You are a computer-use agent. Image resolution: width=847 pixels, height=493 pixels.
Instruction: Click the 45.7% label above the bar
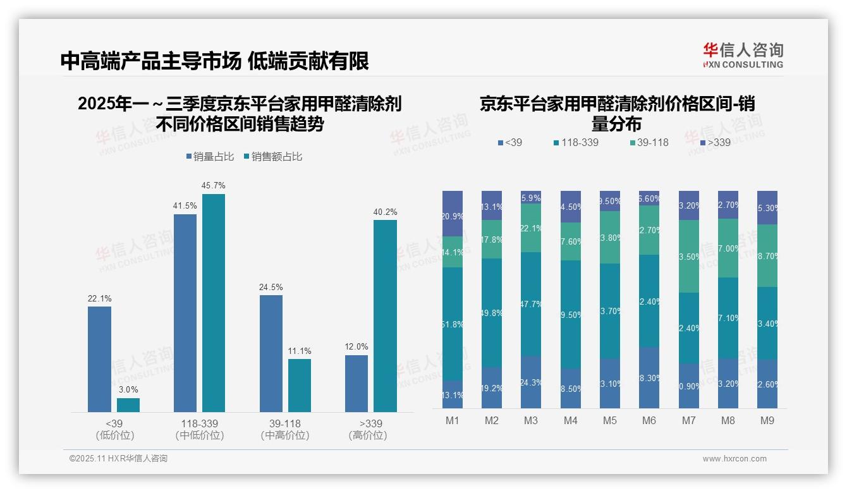click(213, 185)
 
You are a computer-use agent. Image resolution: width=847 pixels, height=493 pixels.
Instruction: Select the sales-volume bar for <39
click(99, 359)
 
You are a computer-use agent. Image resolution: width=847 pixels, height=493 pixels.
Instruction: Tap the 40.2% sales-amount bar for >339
click(385, 316)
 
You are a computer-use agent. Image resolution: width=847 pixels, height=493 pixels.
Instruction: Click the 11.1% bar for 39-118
click(300, 386)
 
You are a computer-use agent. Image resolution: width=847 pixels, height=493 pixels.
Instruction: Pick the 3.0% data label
click(128, 389)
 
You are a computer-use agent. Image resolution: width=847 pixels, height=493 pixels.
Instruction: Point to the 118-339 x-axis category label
click(199, 423)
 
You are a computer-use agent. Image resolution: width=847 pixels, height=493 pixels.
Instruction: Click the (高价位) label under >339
click(367, 435)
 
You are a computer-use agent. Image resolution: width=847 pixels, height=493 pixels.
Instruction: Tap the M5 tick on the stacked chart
click(610, 420)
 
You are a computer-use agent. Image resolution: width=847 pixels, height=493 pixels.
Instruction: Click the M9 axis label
click(767, 420)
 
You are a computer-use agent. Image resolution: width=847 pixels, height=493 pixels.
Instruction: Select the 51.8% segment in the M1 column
click(453, 324)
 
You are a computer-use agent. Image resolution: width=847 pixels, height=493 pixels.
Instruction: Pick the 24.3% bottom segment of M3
click(531, 382)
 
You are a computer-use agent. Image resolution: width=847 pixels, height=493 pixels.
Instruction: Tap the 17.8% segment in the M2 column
click(492, 239)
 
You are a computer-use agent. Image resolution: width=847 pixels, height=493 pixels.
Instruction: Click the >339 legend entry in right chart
click(714, 142)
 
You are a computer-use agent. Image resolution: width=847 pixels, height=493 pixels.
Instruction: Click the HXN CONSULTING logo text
click(743, 64)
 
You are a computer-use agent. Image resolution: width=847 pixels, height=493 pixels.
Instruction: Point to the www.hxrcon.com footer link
click(734, 459)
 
